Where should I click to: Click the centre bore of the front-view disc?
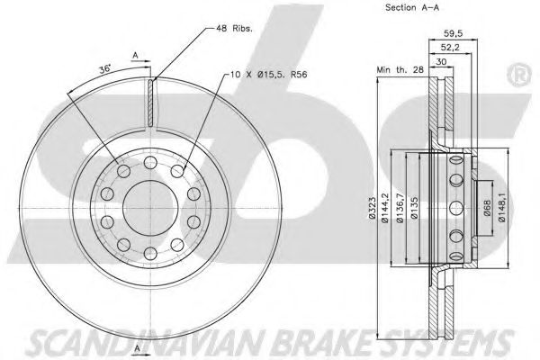[143, 197]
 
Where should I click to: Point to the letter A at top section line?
[136, 55]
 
